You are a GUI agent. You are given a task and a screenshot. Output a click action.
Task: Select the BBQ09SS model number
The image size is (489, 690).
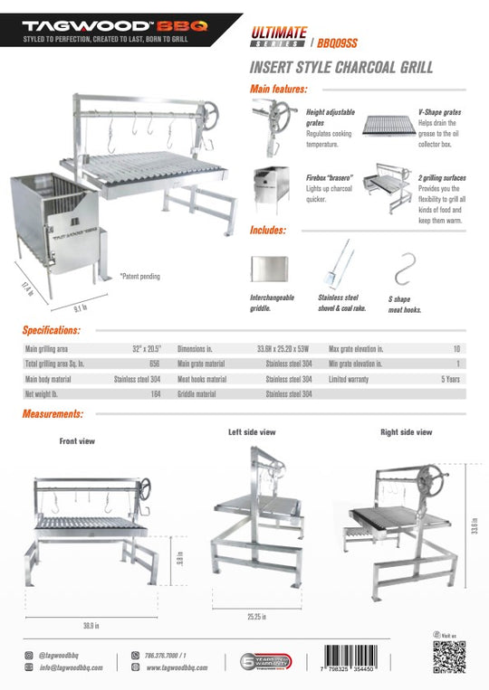click(339, 41)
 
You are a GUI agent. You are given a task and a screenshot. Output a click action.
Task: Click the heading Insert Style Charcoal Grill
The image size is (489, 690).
click(340, 67)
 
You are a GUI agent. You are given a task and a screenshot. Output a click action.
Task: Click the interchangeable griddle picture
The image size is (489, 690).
click(269, 268)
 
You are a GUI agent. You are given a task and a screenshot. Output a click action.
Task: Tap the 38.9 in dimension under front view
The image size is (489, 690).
click(91, 625)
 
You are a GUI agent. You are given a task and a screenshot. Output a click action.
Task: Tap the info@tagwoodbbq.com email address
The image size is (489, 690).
click(70, 667)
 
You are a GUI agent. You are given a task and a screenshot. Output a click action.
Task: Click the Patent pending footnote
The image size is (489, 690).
click(140, 276)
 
